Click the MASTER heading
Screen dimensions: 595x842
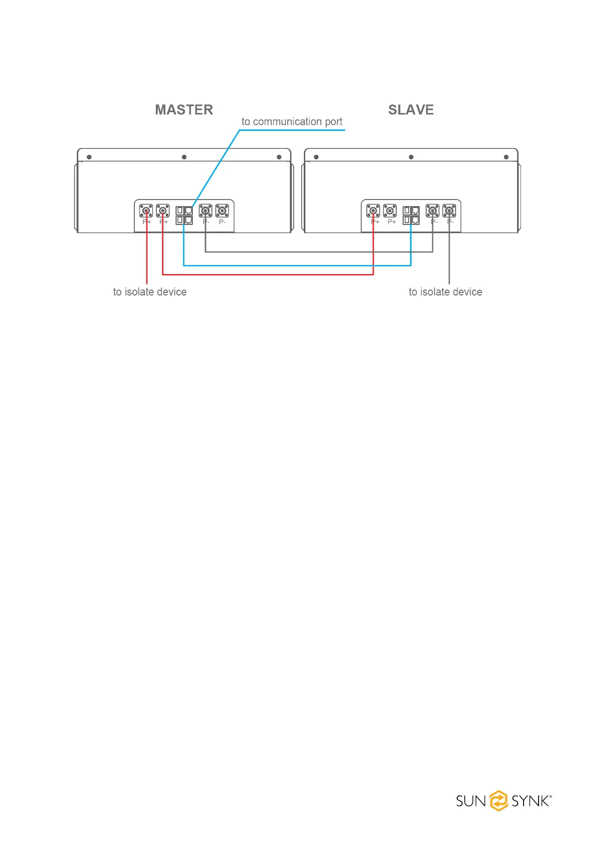(x=184, y=110)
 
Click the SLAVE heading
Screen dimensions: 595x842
(x=411, y=110)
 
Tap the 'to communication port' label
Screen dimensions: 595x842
(x=292, y=121)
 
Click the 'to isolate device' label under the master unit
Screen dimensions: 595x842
(x=150, y=292)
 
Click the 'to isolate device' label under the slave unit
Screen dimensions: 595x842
(x=445, y=292)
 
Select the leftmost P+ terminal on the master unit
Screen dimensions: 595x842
(x=146, y=210)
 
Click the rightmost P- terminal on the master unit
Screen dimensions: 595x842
(x=222, y=210)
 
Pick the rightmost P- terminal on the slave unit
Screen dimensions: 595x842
(x=449, y=210)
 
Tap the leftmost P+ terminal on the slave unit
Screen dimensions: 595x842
(x=373, y=210)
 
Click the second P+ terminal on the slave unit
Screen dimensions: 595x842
(x=390, y=210)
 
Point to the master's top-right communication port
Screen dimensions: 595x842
(x=188, y=210)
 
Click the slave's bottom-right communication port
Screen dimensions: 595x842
(x=415, y=220)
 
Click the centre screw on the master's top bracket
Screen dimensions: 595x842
(x=184, y=157)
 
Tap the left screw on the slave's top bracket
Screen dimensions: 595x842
(x=316, y=157)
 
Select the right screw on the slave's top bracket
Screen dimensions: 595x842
(x=506, y=157)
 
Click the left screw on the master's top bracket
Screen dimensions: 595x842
(x=89, y=157)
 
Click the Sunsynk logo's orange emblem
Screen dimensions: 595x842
(x=498, y=800)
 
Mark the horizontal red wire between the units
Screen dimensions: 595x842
(x=268, y=274)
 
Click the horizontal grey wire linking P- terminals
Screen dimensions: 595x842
(x=319, y=252)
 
